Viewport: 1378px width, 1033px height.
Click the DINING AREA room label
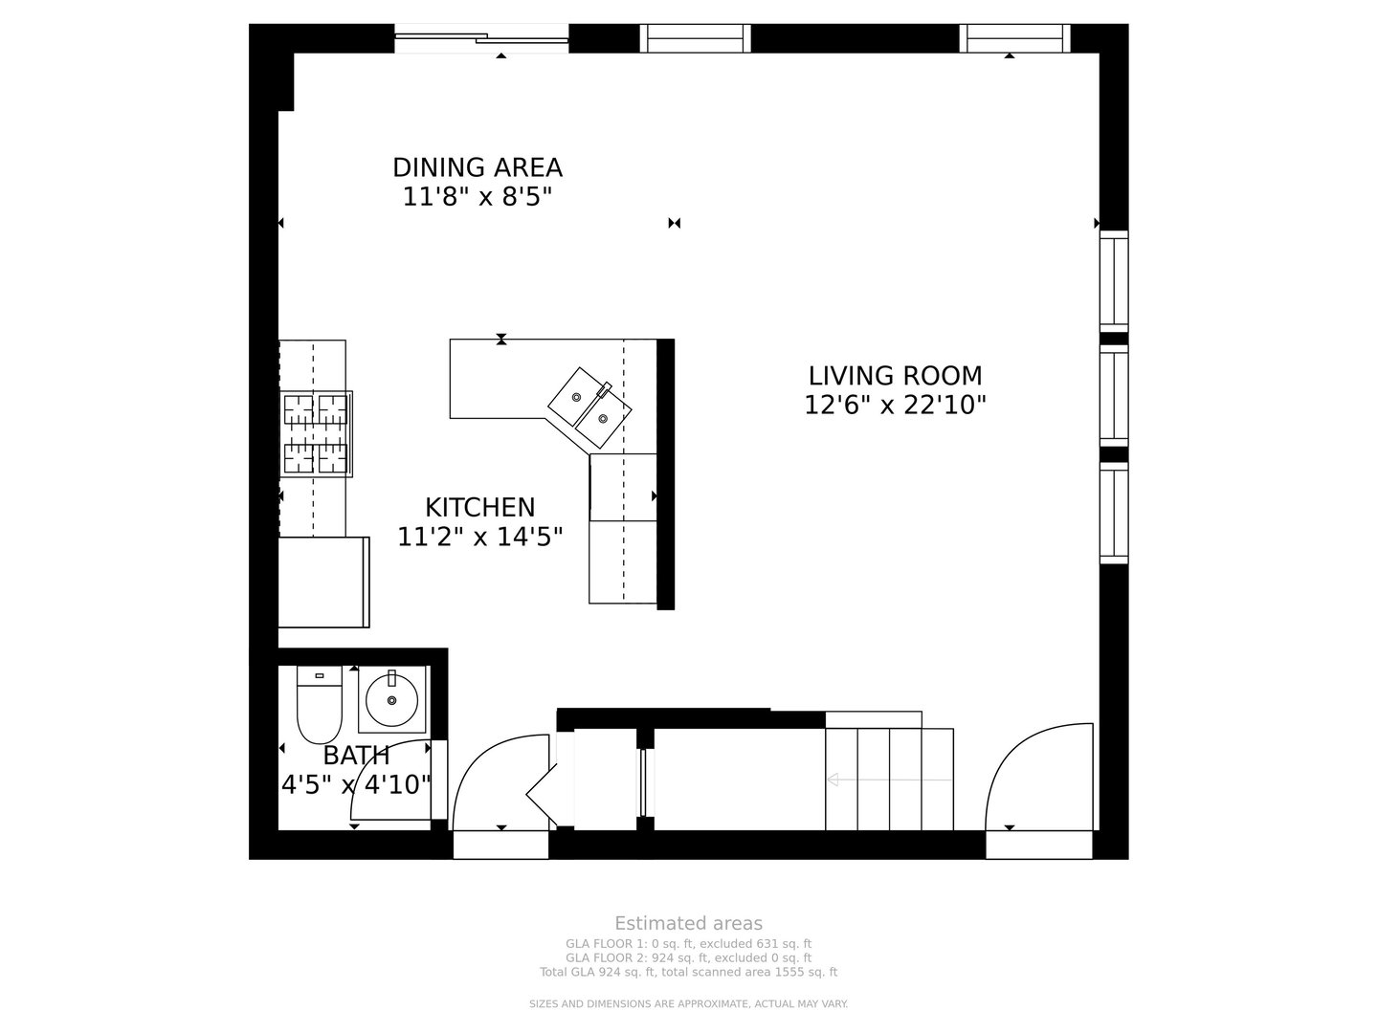tap(478, 167)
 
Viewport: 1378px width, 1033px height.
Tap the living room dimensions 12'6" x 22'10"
tap(895, 406)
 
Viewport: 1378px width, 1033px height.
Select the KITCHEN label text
tap(479, 507)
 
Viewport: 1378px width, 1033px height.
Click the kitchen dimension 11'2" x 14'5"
tap(479, 537)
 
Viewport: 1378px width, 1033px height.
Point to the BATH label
tap(356, 756)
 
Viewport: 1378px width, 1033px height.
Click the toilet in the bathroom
tap(320, 706)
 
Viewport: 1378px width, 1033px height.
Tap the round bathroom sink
tap(391, 699)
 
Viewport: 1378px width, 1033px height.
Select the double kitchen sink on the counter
tap(590, 407)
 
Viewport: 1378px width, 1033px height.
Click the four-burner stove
tap(316, 433)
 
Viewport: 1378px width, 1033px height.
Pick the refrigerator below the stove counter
tap(323, 582)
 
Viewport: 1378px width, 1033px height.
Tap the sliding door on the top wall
tap(481, 39)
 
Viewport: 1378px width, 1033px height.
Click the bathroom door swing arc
tap(392, 780)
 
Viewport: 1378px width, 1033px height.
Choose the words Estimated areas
tap(688, 923)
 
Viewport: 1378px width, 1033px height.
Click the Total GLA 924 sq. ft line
tap(688, 972)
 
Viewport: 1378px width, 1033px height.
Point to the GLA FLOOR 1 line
tap(688, 944)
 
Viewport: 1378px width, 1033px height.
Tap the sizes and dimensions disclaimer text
tap(688, 1003)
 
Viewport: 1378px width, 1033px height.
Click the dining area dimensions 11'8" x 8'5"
tap(478, 197)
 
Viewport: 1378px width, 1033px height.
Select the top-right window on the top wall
tap(1014, 38)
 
